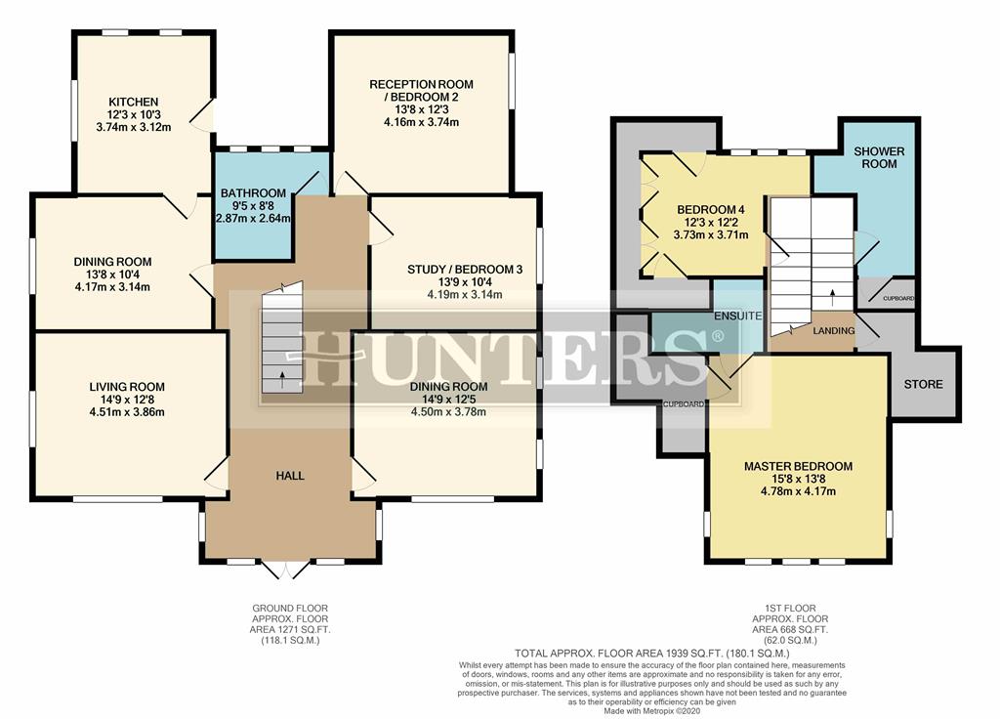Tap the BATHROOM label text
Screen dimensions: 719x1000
click(253, 192)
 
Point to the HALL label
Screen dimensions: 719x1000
click(290, 476)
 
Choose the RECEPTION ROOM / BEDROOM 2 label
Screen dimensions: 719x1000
click(420, 90)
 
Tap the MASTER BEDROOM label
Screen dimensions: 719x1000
click(798, 466)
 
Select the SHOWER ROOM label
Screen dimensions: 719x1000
click(879, 158)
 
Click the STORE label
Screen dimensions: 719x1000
click(923, 384)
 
